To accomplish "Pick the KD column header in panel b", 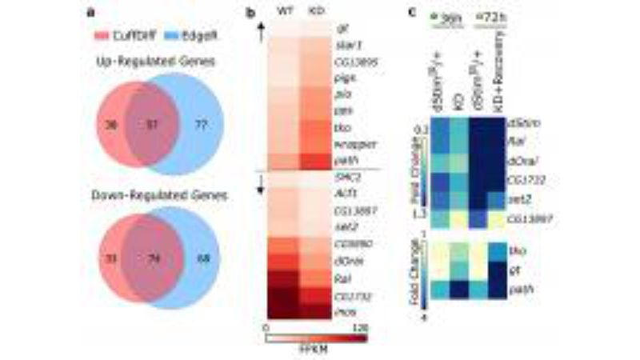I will click(x=318, y=12).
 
